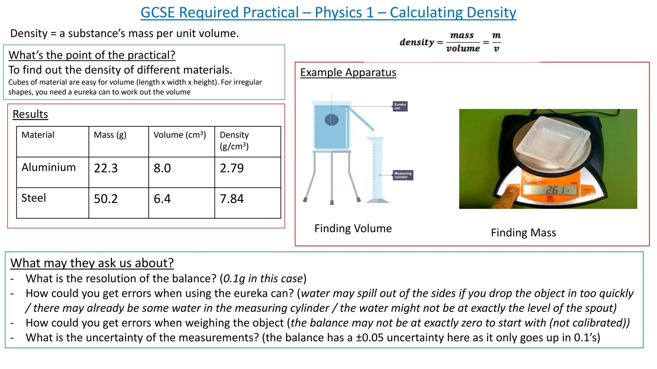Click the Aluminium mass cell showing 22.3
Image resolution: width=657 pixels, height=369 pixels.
[106, 168]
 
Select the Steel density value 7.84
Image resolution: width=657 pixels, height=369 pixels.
[232, 199]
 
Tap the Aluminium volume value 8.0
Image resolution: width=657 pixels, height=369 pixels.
[162, 168]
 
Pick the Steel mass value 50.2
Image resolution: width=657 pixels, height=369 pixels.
[106, 199]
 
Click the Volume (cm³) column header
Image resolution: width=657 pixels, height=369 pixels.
[180, 135]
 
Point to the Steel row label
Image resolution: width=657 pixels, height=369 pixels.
[34, 198]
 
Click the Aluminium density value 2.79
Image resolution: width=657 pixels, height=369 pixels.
[232, 168]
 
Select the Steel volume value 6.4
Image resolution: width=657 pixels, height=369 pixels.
[162, 199]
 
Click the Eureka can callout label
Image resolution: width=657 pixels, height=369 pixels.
[400, 106]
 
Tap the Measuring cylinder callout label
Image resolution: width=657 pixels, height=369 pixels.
[403, 175]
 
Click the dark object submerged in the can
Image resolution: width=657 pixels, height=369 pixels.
[331, 120]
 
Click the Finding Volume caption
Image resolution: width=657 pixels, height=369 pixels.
[353, 228]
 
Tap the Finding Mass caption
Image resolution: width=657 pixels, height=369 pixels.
[523, 233]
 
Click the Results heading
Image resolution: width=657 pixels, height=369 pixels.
[30, 114]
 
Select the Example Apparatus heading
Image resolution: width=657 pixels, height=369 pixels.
[348, 72]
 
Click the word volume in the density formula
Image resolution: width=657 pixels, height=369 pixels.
[463, 49]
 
